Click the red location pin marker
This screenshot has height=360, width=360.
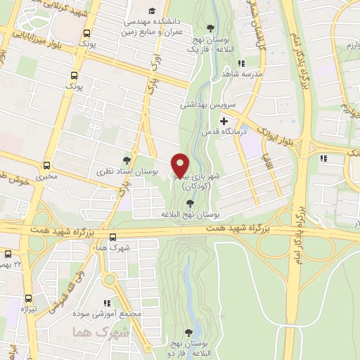[x=180, y=165]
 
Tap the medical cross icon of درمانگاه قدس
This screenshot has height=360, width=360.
[x=224, y=121]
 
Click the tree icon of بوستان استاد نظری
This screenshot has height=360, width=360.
[x=127, y=160]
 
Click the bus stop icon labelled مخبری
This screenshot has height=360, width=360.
[x=46, y=166]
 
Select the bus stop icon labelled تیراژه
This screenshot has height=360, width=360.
[x=29, y=298]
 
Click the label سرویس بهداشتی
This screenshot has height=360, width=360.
[x=212, y=103]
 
